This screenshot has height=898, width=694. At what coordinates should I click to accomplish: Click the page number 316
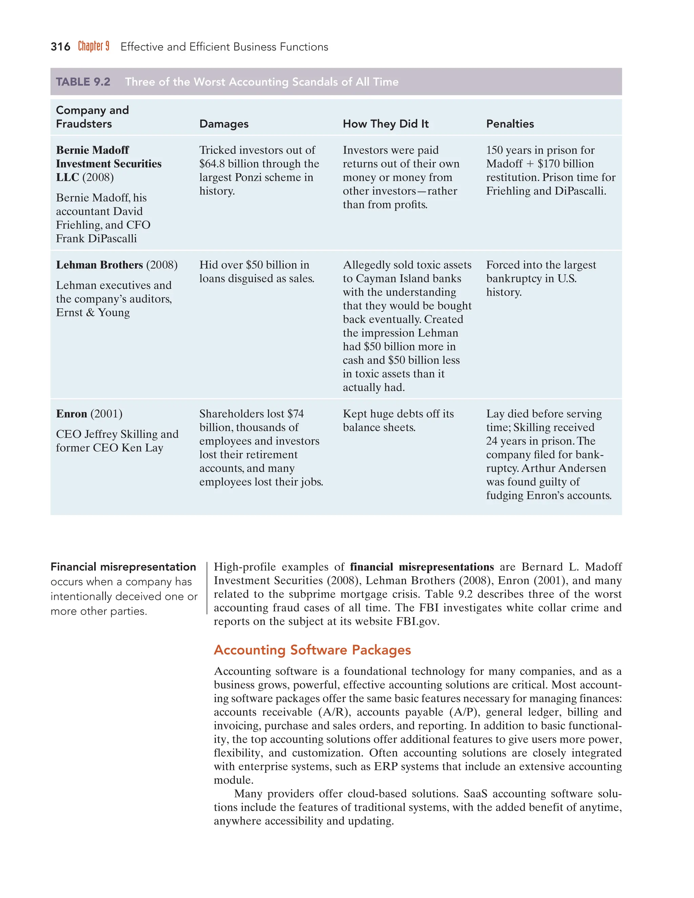[60, 47]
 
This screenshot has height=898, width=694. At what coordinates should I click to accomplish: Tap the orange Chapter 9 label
[94, 46]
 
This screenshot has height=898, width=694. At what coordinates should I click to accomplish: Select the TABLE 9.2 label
[83, 82]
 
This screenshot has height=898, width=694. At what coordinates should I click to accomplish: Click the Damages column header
[224, 124]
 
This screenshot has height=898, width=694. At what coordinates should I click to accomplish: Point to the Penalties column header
[510, 124]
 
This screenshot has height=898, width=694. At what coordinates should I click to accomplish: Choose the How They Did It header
[385, 124]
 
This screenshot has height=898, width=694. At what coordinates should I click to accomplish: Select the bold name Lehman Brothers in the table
[100, 265]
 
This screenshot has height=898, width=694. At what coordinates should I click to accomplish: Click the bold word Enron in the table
[72, 414]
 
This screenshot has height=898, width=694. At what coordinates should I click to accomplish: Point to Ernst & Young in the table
[93, 312]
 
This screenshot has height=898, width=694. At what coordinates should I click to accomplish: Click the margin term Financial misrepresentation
[123, 567]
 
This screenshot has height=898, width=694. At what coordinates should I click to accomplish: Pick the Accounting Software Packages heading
[312, 650]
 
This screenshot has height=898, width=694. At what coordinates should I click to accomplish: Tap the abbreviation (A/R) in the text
[334, 712]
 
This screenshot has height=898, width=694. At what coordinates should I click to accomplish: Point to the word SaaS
[476, 794]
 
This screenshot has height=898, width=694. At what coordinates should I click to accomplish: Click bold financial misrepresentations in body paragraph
[422, 567]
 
